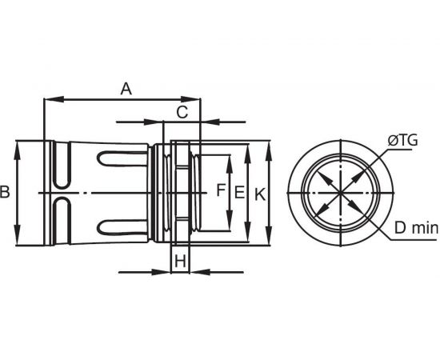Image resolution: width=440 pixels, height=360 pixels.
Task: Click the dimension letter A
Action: pos(126,89)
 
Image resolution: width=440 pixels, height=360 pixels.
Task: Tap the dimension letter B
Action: pos(5,193)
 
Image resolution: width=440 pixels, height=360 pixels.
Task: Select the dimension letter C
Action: pos(182,112)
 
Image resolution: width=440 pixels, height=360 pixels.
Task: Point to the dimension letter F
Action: pos(221,190)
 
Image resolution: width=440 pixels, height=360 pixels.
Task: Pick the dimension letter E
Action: pos(239,193)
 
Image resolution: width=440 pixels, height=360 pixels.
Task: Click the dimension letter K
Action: pos(260,194)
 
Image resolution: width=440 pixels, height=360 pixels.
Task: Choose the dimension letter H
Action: pos(180,262)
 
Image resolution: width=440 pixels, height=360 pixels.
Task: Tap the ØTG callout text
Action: pos(402,140)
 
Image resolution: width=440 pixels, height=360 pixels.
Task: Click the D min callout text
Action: pos(416,228)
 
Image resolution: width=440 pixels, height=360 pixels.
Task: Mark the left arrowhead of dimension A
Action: pos(54,99)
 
